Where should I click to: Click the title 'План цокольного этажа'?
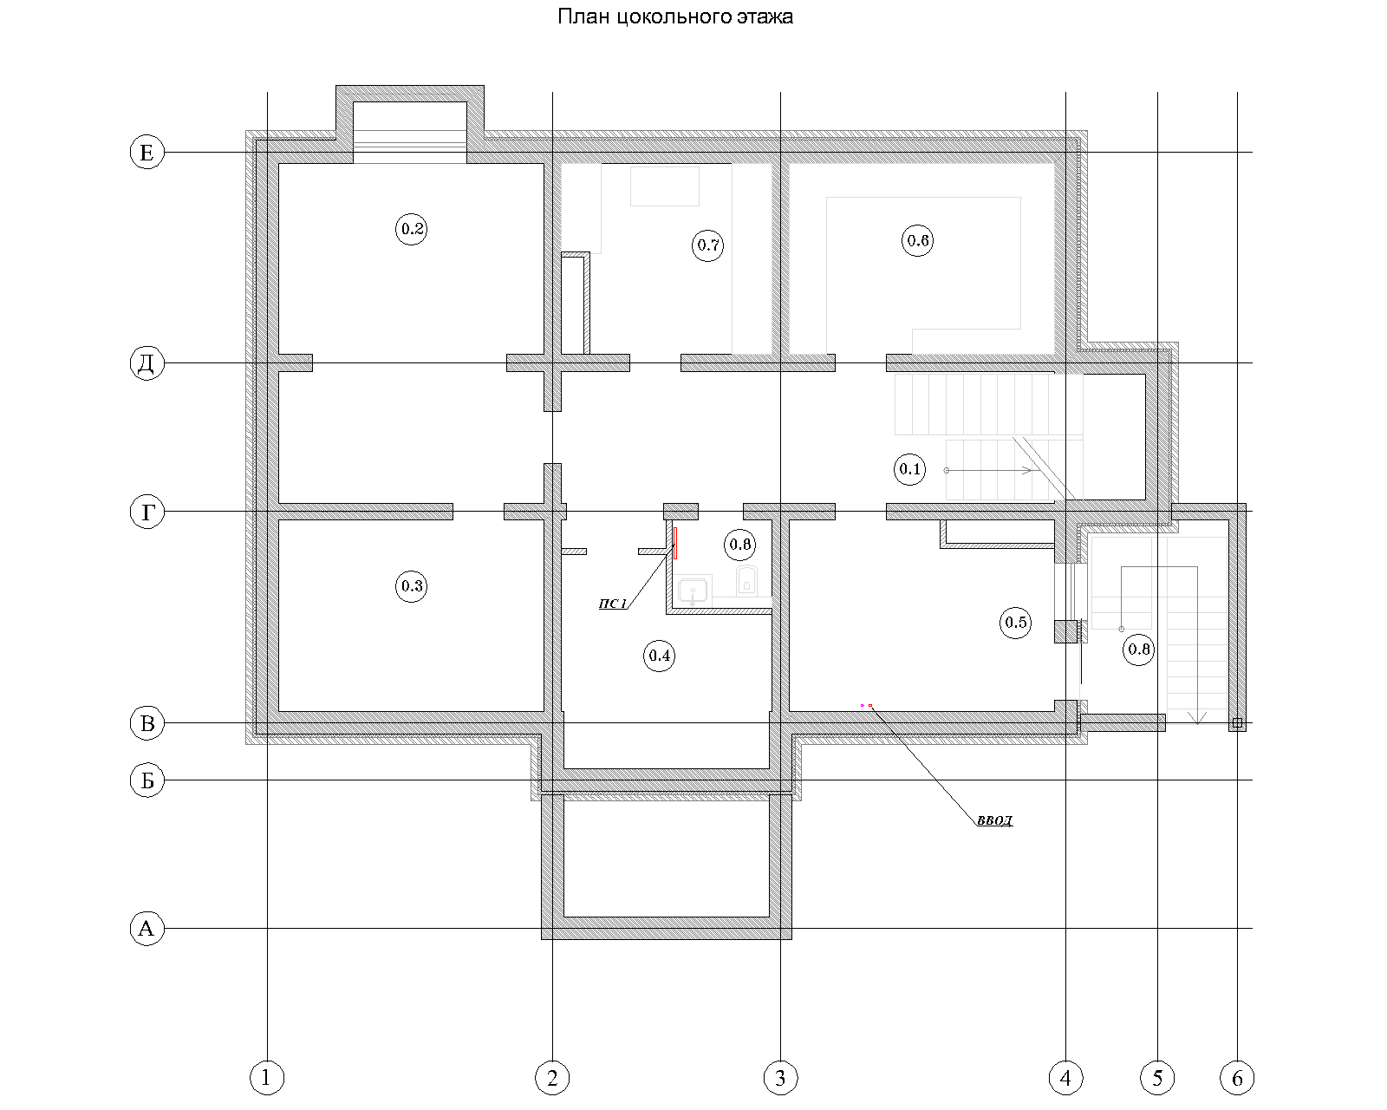(674, 16)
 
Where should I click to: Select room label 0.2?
(412, 229)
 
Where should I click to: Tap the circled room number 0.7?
(707, 245)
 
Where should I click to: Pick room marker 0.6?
(917, 240)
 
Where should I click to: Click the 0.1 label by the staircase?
(909, 469)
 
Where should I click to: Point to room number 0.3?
(411, 585)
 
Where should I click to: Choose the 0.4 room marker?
(660, 656)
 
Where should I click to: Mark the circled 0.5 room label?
(1016, 623)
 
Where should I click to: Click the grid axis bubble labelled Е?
(147, 153)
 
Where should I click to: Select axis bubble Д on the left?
(147, 363)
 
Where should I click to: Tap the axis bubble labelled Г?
(147, 513)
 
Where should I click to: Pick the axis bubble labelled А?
(147, 928)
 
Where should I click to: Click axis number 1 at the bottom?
(267, 1078)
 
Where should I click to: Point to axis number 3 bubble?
(780, 1078)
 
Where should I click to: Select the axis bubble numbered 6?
(1237, 1078)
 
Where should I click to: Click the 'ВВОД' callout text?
(994, 821)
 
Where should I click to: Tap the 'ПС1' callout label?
(612, 604)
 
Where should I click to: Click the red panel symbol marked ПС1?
(674, 543)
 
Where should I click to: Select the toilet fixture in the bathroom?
(746, 581)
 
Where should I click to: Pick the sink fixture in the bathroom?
(693, 591)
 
